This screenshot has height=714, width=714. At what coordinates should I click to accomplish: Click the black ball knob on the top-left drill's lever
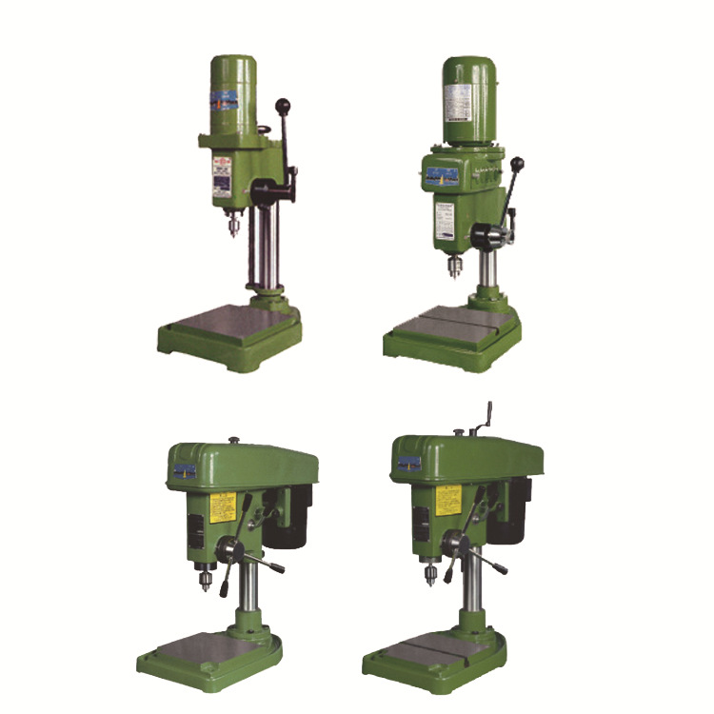click(283, 106)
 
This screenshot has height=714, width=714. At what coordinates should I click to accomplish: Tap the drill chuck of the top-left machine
click(229, 228)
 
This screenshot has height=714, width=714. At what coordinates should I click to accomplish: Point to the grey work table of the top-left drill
click(229, 323)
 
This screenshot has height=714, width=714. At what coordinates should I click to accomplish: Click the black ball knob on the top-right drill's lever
click(517, 165)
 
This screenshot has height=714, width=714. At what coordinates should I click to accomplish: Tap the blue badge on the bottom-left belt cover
click(184, 471)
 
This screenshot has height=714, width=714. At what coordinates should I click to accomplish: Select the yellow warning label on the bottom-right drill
click(446, 500)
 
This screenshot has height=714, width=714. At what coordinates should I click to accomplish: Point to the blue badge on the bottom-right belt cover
click(409, 463)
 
